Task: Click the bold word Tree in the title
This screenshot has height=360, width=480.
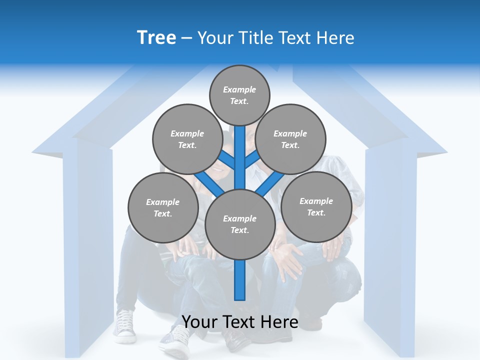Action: pyautogui.click(x=156, y=38)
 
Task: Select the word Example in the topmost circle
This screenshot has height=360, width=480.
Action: pyautogui.click(x=239, y=90)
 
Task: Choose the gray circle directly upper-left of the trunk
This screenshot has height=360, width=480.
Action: pyautogui.click(x=187, y=139)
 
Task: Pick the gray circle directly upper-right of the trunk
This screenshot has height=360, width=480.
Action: pyautogui.click(x=290, y=139)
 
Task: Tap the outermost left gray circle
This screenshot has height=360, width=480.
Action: pyautogui.click(x=162, y=207)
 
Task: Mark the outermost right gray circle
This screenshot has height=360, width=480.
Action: pyautogui.click(x=316, y=206)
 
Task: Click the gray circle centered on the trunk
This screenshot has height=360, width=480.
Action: pyautogui.click(x=240, y=224)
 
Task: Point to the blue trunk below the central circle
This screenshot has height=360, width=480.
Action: pyautogui.click(x=240, y=280)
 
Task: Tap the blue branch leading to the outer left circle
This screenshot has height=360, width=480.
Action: pyautogui.click(x=209, y=182)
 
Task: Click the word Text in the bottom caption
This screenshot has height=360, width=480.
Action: pyautogui.click(x=240, y=322)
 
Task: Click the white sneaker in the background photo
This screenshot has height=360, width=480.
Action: pyautogui.click(x=125, y=326)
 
